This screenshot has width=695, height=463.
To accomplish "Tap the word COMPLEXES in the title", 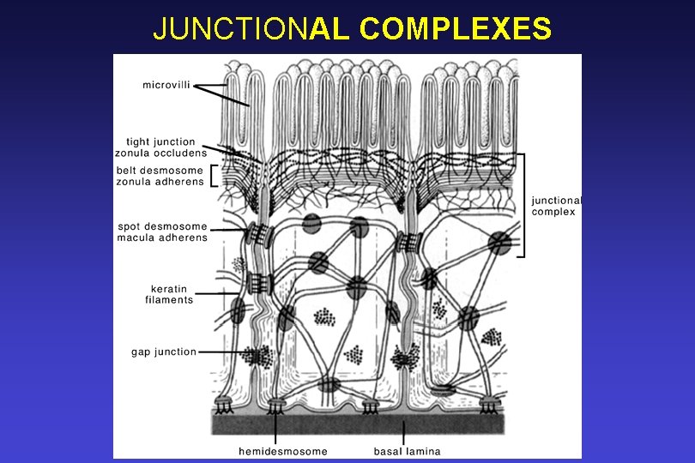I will [x=456, y=28].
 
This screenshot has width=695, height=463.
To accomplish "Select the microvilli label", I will [x=166, y=84].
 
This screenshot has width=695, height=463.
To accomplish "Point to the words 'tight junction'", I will [x=160, y=142].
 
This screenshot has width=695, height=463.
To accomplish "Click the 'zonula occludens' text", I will [x=160, y=153].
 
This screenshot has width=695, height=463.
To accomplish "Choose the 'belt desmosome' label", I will [x=160, y=171].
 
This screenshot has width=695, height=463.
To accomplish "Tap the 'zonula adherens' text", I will [x=160, y=181].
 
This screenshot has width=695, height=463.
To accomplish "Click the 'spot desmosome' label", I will [x=162, y=227].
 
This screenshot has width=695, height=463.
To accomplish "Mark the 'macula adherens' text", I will [x=162, y=238].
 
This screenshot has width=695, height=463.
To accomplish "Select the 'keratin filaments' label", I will [x=169, y=295].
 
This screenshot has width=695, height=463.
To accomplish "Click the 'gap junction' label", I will [x=164, y=352].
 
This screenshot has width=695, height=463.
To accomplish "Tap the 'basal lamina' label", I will [x=408, y=451].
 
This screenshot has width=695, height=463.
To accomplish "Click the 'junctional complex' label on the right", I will [x=556, y=206].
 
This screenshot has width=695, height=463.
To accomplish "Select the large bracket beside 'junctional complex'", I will [x=523, y=205].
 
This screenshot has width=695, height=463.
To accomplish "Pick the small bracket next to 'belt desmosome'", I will [x=214, y=176].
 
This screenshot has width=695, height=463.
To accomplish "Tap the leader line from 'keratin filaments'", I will [x=220, y=294].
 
